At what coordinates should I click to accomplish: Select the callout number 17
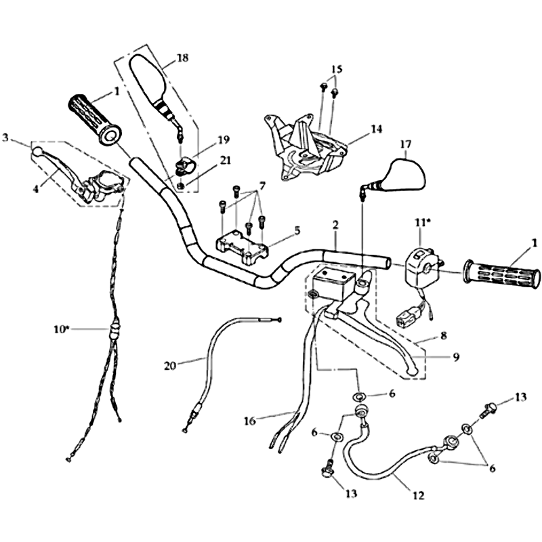(406, 144)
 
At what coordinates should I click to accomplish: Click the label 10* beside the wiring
(61, 329)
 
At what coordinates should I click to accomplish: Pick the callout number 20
(171, 366)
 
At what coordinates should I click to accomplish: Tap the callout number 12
(419, 496)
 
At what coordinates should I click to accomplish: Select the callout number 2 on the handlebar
(335, 224)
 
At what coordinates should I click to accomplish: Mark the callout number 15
(337, 69)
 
